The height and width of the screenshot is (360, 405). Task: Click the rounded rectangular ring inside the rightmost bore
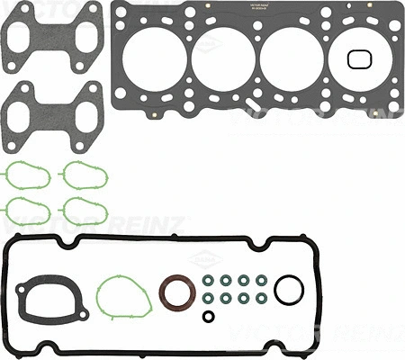(358, 59)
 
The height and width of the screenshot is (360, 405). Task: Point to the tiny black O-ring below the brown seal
(209, 316)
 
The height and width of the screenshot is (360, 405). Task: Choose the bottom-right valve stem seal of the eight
(261, 298)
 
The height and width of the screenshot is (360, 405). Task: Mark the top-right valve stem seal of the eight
(261, 280)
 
